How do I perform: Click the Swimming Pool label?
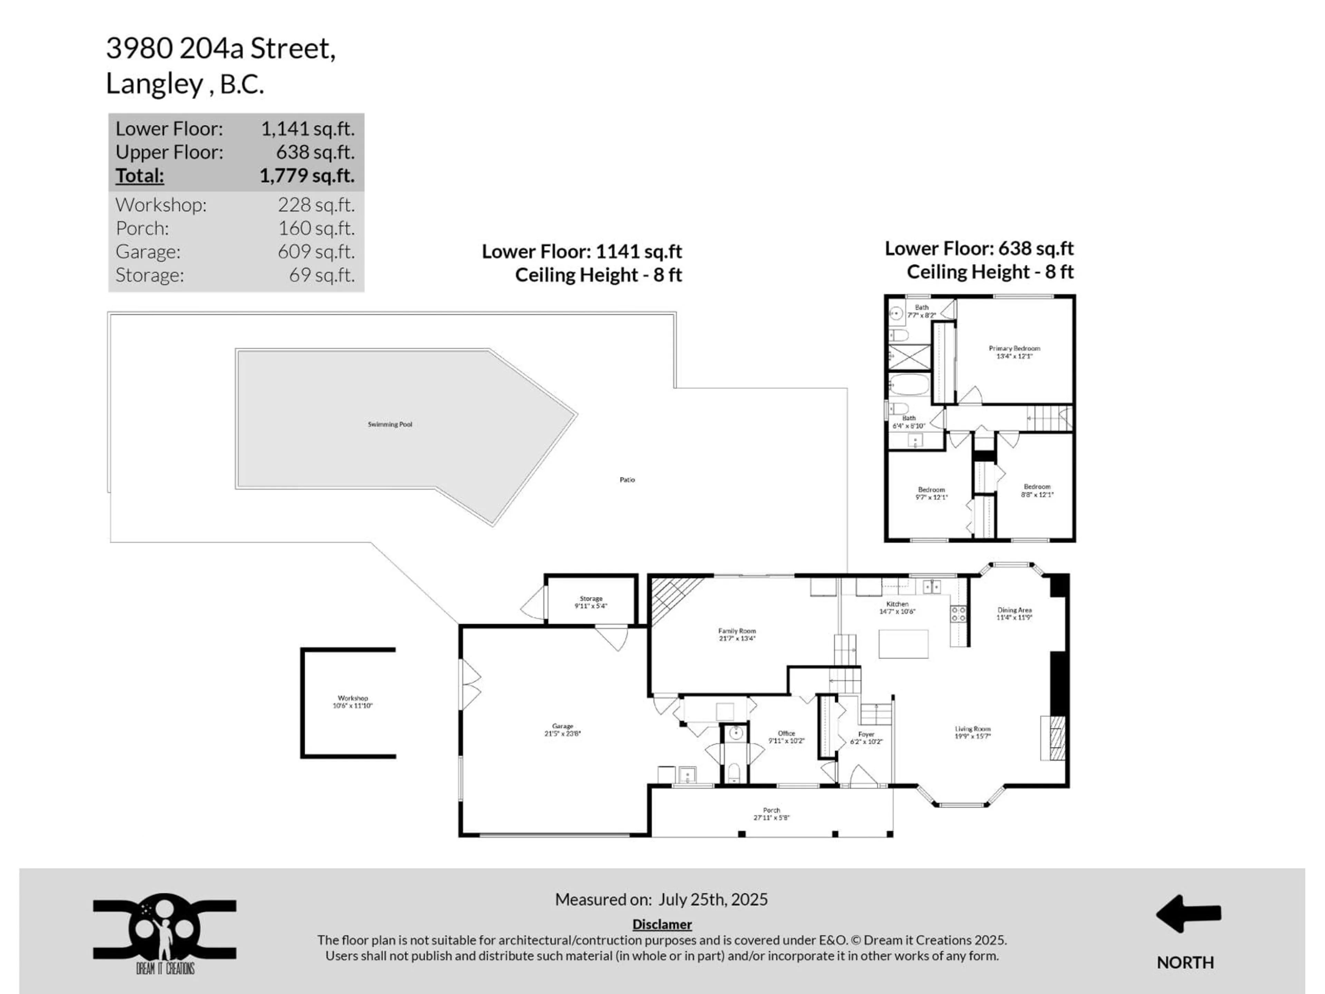[x=390, y=424]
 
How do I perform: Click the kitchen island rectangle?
[x=903, y=643]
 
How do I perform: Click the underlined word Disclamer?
[x=662, y=925]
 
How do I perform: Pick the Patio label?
[x=627, y=479]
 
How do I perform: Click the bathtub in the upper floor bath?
[x=908, y=385]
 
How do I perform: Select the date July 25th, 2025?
[x=713, y=899]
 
